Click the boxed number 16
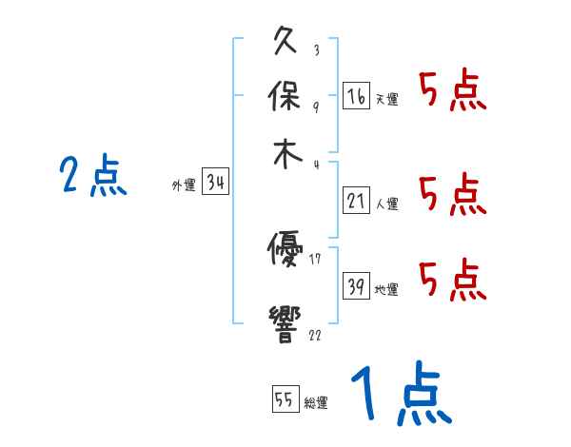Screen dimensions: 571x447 point(356,95)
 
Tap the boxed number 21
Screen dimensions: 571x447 point(356,201)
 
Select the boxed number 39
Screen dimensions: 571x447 point(356,286)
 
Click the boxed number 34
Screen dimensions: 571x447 point(216,183)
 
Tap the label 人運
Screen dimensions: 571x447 point(386,204)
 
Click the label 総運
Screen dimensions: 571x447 point(316,403)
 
